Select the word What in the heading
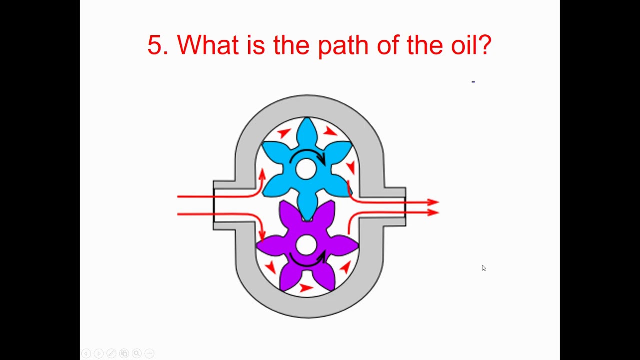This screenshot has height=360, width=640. pyautogui.click(x=207, y=44)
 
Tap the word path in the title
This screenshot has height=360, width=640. pyautogui.click(x=343, y=46)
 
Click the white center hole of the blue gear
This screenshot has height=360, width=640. pyautogui.click(x=306, y=169)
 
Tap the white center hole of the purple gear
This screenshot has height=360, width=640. pyautogui.click(x=306, y=245)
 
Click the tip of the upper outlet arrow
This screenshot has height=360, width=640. pyautogui.click(x=439, y=202)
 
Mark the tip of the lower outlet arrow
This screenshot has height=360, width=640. pyautogui.click(x=439, y=212)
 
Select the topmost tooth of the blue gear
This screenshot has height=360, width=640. pyautogui.click(x=307, y=131)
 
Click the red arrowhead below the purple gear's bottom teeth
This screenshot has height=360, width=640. pyautogui.click(x=306, y=287)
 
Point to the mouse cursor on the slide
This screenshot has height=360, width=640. pyautogui.click(x=483, y=268)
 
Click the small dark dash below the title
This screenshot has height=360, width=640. pyautogui.click(x=473, y=82)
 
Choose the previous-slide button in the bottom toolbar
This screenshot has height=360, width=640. pyautogui.click(x=86, y=353)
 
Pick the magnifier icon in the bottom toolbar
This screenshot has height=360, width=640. pyautogui.click(x=137, y=353)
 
